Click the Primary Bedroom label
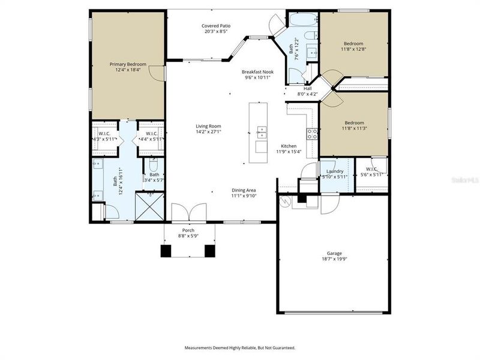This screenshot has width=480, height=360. point(128,63)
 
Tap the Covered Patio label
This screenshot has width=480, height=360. point(216,26)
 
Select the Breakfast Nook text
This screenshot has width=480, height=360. point(257,71)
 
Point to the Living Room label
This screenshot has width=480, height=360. point(209,126)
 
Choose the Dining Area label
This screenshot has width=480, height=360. point(244,190)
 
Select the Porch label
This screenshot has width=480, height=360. point(188,230)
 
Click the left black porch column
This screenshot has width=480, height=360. point(166,251)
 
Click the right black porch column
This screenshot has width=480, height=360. point(209,251)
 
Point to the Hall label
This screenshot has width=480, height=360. point(307,88)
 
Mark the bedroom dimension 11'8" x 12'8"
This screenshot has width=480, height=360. point(354,49)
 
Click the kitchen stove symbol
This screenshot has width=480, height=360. point(312,134)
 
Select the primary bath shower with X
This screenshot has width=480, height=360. point(149,206)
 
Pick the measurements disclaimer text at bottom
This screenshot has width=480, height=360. point(239,347)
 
